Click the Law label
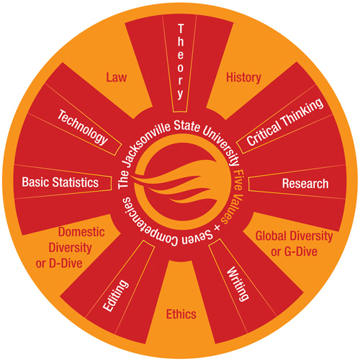(x=116, y=78)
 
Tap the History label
(x=243, y=78)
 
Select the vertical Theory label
(x=181, y=62)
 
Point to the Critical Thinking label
(x=285, y=122)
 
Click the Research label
(x=305, y=184)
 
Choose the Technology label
(x=83, y=128)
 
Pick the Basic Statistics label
(x=60, y=182)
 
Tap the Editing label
(x=116, y=295)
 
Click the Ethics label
(x=181, y=314)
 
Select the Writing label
(x=238, y=284)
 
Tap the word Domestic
(x=81, y=232)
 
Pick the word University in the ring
(x=222, y=144)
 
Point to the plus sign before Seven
(x=217, y=228)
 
